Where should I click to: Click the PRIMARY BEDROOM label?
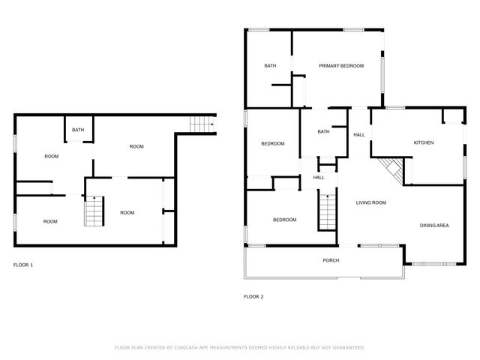(x=341, y=66)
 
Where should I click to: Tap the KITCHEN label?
(x=424, y=142)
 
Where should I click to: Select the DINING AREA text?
(x=434, y=225)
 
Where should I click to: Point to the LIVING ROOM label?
(x=370, y=202)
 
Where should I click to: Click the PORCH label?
(x=331, y=260)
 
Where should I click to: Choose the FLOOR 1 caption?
(x=23, y=265)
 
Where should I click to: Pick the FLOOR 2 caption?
(x=253, y=296)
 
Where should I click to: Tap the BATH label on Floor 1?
(x=78, y=130)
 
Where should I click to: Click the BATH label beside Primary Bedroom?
(x=270, y=66)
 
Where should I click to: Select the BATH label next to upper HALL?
(x=323, y=132)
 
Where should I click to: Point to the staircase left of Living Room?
(x=328, y=211)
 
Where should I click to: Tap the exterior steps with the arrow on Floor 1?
(x=201, y=124)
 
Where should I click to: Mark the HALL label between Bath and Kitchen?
(x=359, y=134)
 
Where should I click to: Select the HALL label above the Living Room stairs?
(x=319, y=178)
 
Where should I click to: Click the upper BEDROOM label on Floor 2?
(x=272, y=144)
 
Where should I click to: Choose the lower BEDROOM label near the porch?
(x=284, y=220)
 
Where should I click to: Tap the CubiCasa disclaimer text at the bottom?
(x=239, y=347)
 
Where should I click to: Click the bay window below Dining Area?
(x=433, y=264)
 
